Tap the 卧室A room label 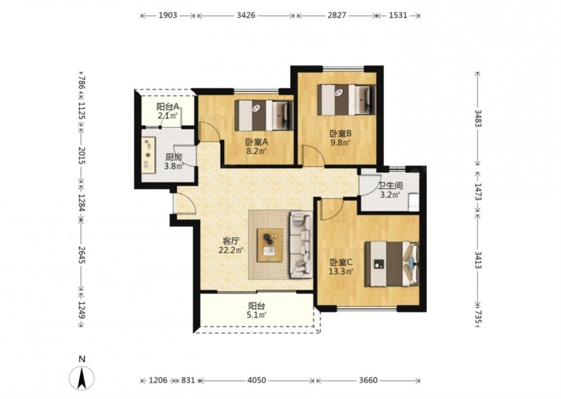pyautogui.click(x=256, y=142)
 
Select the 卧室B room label pyautogui.click(x=341, y=134)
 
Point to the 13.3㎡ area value pyautogui.click(x=341, y=271)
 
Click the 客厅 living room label pyautogui.click(x=231, y=241)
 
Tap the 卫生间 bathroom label pyautogui.click(x=390, y=186)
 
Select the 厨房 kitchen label pyautogui.click(x=173, y=158)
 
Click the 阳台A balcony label pyautogui.click(x=168, y=107)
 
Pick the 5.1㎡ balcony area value pyautogui.click(x=256, y=315)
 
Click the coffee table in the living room pyautogui.click(x=270, y=245)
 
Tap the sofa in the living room pyautogui.click(x=301, y=245)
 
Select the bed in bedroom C pyautogui.click(x=392, y=264)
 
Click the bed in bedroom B pyautogui.click(x=346, y=99)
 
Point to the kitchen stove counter pyautogui.click(x=149, y=154)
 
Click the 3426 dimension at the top pyautogui.click(x=246, y=15)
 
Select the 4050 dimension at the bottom pyautogui.click(x=256, y=380)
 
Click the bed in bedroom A pyautogui.click(x=264, y=115)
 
